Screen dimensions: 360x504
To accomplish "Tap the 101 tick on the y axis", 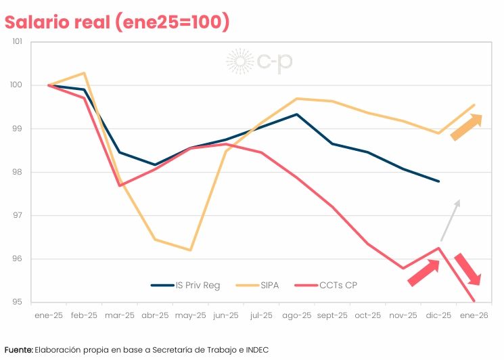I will tap(18, 42).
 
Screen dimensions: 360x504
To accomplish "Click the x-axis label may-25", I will tap(190, 315).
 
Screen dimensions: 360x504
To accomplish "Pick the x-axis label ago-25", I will tap(296, 315).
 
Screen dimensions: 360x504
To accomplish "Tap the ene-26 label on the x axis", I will tap(474, 315).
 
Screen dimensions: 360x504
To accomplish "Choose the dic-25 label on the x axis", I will tap(438, 315).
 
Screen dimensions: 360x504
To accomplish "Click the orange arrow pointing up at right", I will tap(466, 127).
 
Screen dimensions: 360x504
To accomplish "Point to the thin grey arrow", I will tap(450, 220).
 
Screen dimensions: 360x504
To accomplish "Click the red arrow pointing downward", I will tap(467, 269).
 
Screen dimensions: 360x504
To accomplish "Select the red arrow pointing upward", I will tap(424, 272).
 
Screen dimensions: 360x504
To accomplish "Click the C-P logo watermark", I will tap(260, 62).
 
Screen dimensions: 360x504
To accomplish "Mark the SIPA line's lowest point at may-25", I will tap(190, 250).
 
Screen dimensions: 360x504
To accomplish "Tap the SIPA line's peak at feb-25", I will tap(84, 73).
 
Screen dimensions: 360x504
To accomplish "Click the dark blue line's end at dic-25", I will tap(438, 181).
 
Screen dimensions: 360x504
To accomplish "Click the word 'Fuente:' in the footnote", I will tap(18, 349).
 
